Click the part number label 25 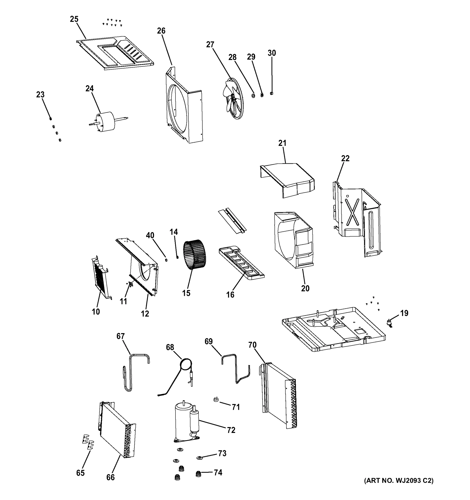click(74, 19)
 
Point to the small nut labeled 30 click(271, 93)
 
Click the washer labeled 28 click(253, 96)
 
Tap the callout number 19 click(404, 313)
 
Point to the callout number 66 click(110, 477)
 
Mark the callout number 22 click(345, 159)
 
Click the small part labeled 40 click(166, 260)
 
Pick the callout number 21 click(282, 143)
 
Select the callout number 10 click(96, 312)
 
